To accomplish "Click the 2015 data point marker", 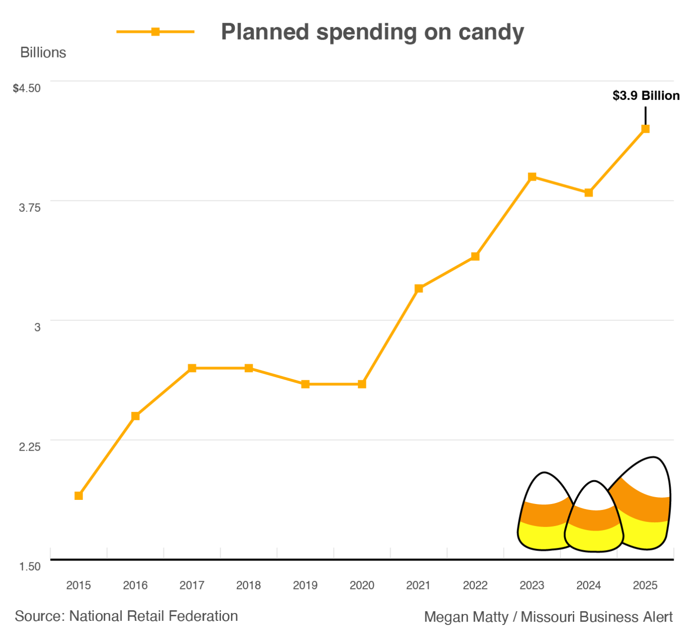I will tap(79, 496).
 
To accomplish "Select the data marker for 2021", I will tap(418, 289).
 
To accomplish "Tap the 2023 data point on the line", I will tap(532, 177).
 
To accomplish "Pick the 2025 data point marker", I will tap(645, 129).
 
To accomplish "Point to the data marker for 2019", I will tap(305, 384).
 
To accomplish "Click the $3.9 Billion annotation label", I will tap(646, 96).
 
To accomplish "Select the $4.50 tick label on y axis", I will tap(27, 88).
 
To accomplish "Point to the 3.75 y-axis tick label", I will tap(29, 208).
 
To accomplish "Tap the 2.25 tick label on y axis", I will tap(29, 447).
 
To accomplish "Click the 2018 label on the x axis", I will tap(249, 585).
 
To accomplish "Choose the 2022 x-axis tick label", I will tap(475, 585).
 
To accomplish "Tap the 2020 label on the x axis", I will tap(362, 585).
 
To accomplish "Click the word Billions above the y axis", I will tap(43, 53).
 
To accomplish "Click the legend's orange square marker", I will tap(155, 32).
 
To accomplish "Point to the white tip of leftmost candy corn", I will tap(545, 487).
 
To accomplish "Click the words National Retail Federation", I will tap(153, 616).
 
